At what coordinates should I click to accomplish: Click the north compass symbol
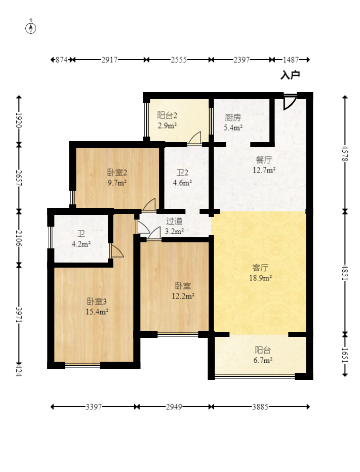31,27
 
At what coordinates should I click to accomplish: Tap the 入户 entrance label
290,75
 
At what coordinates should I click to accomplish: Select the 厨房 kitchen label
233,117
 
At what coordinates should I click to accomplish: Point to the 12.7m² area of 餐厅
264,170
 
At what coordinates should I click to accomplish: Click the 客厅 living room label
260,267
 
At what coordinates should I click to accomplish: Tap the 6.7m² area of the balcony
263,360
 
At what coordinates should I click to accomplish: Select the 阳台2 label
167,115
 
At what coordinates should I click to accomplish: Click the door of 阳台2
194,138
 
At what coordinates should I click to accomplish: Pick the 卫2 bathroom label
182,173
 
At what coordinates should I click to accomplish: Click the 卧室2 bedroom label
117,173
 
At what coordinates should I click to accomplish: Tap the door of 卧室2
149,204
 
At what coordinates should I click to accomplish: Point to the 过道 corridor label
174,221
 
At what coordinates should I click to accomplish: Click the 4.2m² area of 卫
81,244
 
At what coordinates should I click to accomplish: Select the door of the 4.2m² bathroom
117,251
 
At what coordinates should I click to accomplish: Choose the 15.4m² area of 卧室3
97,312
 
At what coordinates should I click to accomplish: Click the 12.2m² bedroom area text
183,296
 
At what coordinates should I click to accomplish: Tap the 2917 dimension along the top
109,60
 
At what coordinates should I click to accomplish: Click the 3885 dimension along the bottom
260,407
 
